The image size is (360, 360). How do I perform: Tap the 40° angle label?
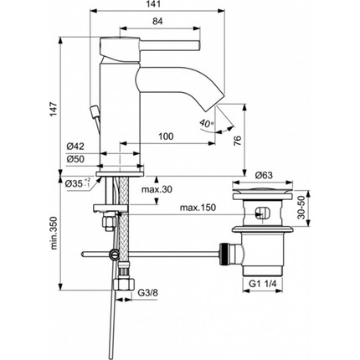click(207, 125)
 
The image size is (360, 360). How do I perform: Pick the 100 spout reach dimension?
click(166, 136)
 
